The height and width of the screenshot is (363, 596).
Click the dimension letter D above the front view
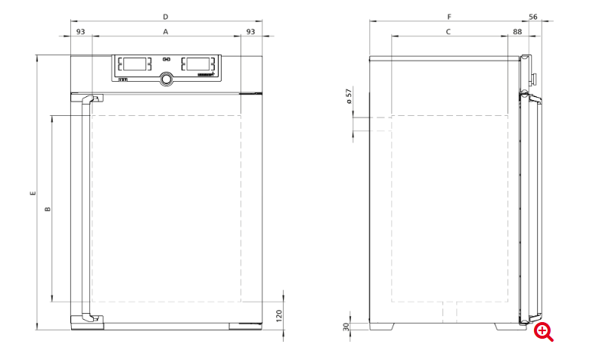[x=166, y=17]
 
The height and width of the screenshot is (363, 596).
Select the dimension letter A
[x=166, y=32]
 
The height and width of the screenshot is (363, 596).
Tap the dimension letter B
[x=48, y=208]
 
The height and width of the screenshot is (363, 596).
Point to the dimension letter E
[x=33, y=193]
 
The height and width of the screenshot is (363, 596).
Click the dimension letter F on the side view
[x=449, y=17]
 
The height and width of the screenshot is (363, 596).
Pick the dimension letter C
[x=449, y=32]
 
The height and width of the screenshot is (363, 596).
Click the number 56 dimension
[x=533, y=17]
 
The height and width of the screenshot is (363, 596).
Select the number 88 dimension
[x=517, y=32]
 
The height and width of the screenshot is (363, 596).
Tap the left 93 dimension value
[x=81, y=32]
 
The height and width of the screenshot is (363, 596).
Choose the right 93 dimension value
[x=250, y=32]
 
